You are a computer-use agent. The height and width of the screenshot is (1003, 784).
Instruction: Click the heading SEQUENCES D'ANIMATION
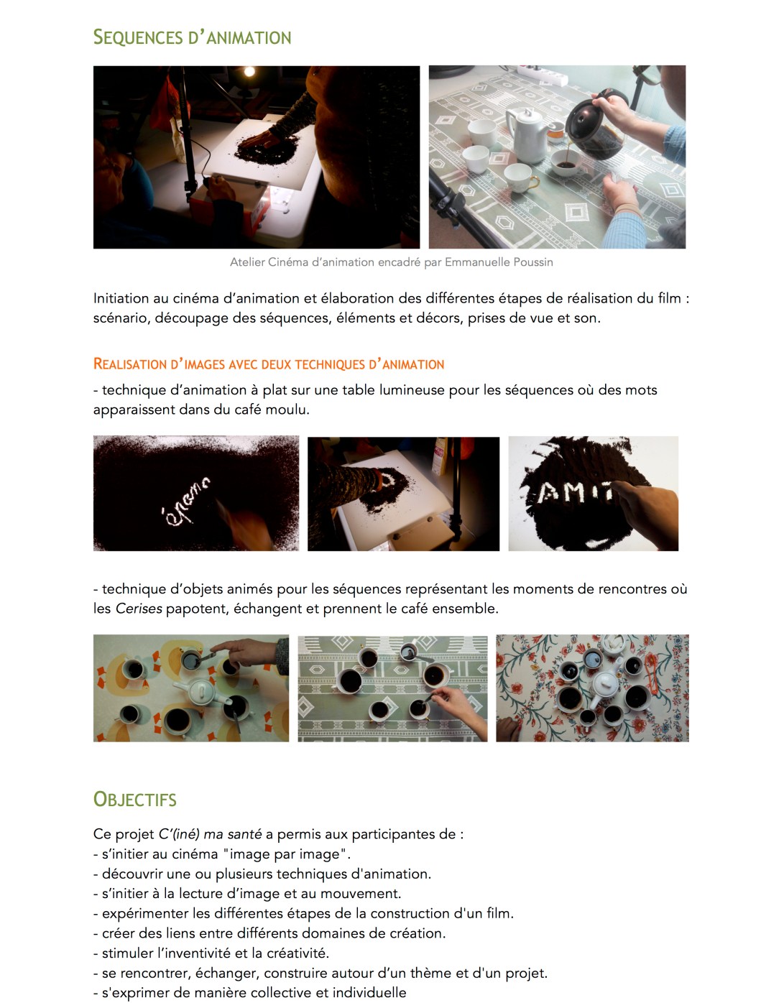point(192,37)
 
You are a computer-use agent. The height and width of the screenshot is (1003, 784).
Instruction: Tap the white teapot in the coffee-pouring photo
point(526,134)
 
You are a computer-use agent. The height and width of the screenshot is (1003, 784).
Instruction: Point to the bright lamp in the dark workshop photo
point(249,72)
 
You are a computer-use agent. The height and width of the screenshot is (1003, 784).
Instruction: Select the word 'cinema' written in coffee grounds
point(185,501)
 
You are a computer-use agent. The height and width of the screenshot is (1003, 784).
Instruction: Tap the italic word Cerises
point(138,609)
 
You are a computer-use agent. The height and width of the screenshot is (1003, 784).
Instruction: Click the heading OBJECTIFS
point(134,800)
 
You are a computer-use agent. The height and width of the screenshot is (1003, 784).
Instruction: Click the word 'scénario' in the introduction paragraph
point(119,318)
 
